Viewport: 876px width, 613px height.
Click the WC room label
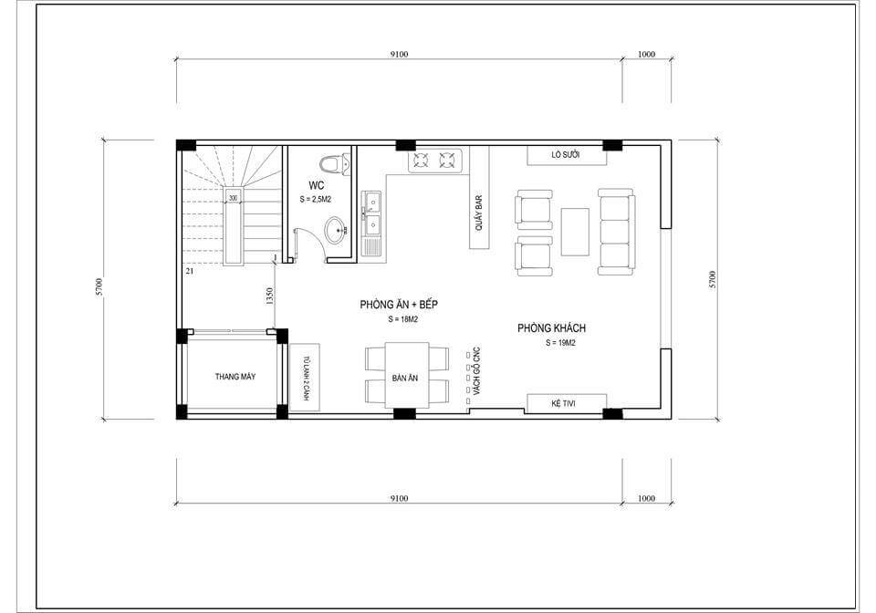tap(317, 185)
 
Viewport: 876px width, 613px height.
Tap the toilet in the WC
tap(334, 163)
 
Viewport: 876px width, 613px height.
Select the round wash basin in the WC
tap(337, 230)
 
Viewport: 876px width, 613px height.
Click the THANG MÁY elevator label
tap(235, 377)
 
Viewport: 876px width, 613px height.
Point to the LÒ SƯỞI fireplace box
tap(567, 155)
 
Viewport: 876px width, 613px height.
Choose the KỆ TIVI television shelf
tap(567, 403)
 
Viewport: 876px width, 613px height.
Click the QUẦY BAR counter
tap(479, 198)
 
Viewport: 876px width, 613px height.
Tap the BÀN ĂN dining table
tap(407, 375)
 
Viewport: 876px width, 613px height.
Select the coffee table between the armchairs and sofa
tap(575, 232)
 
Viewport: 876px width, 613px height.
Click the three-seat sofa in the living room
tap(616, 232)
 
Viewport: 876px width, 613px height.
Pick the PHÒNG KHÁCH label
tap(551, 328)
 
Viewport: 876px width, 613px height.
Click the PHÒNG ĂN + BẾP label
tap(399, 305)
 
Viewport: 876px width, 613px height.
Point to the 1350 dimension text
tap(270, 296)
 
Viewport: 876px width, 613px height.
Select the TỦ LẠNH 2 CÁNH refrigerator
tap(305, 378)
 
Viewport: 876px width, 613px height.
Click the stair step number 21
tap(190, 271)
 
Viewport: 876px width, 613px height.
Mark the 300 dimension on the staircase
tap(233, 198)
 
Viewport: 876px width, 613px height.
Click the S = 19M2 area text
tap(560, 343)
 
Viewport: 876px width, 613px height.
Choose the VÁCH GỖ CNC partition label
tap(476, 372)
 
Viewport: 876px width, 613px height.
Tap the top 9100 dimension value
tap(399, 54)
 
